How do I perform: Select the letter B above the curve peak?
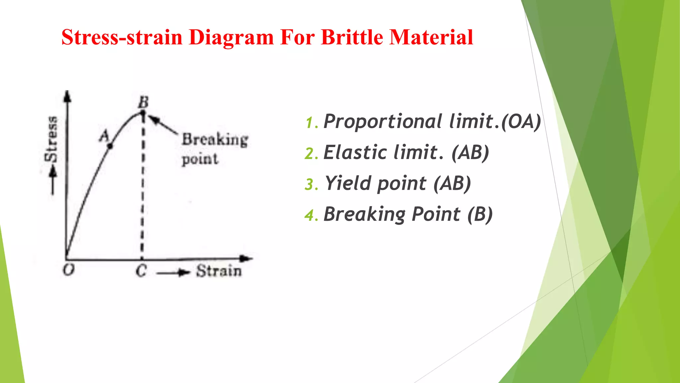[143, 102]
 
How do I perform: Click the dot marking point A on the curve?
[110, 146]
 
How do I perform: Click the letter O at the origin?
[69, 270]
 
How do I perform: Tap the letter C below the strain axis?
[141, 271]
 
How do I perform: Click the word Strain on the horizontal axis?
[218, 271]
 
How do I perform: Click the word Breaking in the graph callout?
[215, 140]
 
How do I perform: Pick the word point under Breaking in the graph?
[200, 159]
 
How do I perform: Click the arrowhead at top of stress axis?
[67, 96]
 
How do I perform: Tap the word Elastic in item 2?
[355, 153]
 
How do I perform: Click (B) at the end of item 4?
[480, 214]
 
